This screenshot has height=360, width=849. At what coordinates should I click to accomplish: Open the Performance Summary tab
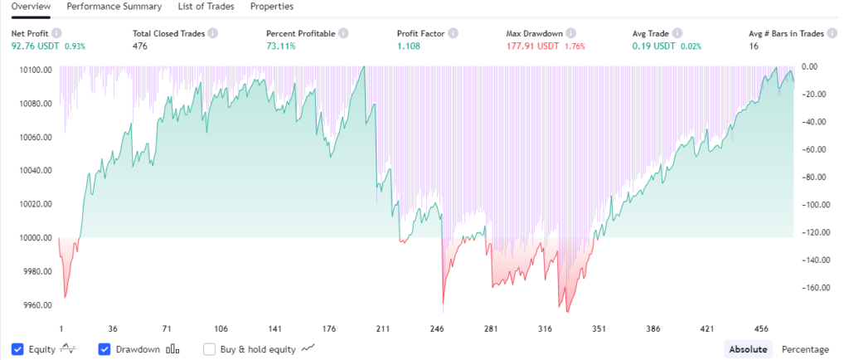(114, 7)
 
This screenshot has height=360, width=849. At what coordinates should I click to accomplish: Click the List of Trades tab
(206, 7)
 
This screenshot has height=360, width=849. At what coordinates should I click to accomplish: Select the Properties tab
(271, 7)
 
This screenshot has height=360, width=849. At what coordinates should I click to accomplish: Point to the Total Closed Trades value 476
(141, 46)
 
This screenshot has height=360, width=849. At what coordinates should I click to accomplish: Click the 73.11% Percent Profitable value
(281, 46)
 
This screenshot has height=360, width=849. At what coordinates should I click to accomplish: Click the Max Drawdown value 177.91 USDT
(532, 46)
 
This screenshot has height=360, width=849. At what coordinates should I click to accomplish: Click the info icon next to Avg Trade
(677, 33)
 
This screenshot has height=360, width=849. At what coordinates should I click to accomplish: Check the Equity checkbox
(18, 349)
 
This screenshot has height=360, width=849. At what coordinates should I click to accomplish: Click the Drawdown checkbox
(104, 349)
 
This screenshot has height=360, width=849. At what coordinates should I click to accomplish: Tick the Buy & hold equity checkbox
(210, 349)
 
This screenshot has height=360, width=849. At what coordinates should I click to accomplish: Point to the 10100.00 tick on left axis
(36, 70)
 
